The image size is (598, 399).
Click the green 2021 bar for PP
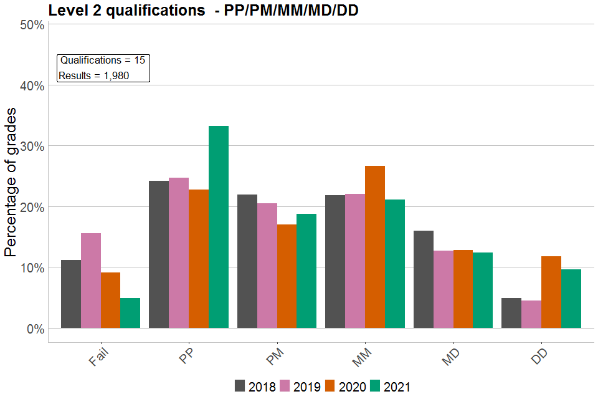[219, 227]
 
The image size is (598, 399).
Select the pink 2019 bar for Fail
[91, 281]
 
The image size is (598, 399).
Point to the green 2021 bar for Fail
[130, 313]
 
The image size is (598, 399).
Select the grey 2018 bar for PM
[247, 261]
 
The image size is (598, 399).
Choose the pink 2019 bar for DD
[531, 314]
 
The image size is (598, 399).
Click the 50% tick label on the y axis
[32, 26]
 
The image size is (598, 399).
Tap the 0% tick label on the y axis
[35, 329]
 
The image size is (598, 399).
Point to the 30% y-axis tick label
[32, 147]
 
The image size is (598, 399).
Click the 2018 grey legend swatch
[240, 386]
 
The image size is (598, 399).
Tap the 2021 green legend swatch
[376, 386]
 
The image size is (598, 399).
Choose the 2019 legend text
[306, 387]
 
